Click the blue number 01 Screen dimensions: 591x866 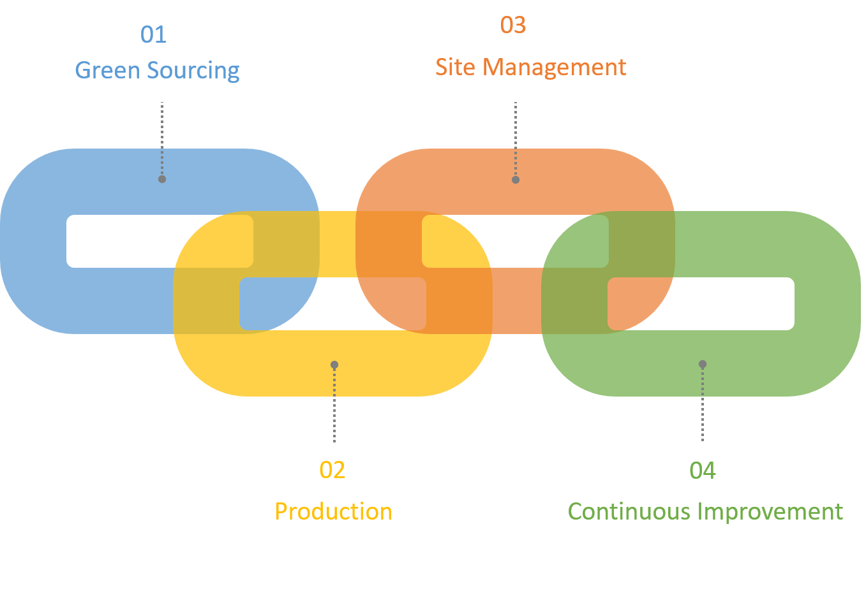[153, 34]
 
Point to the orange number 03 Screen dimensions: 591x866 [513, 25]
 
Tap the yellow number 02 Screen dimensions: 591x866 [332, 471]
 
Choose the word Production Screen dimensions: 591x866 [333, 511]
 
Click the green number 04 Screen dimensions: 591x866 [703, 471]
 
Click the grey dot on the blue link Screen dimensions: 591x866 [162, 179]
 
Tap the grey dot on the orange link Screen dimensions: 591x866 [516, 180]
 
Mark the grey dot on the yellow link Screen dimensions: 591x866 [334, 365]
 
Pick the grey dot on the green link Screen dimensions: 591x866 [703, 365]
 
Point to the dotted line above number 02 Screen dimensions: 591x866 [334, 405]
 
